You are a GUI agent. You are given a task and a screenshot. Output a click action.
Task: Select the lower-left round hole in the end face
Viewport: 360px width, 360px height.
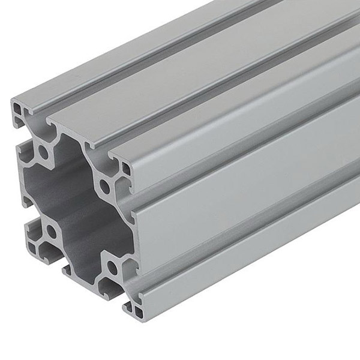(51, 230)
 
